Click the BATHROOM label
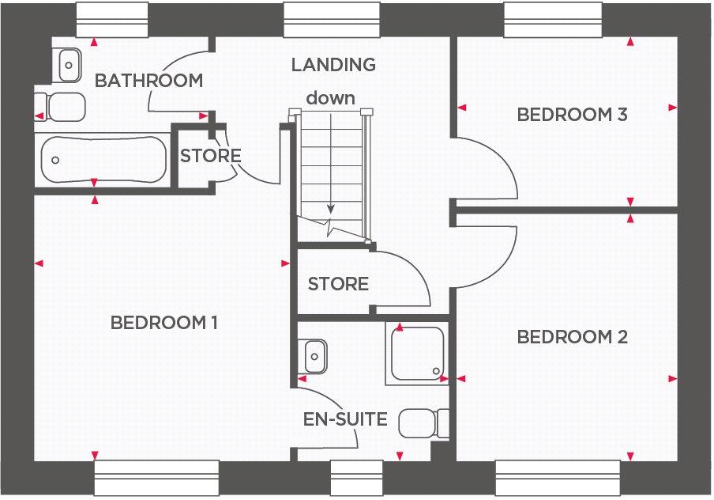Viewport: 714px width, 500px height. (x=148, y=81)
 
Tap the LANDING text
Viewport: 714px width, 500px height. (x=333, y=65)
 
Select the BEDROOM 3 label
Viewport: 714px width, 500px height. (x=572, y=115)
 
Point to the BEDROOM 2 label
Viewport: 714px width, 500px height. (x=572, y=338)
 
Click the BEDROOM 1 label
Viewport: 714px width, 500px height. (x=164, y=323)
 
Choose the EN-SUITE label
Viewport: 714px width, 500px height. (x=346, y=419)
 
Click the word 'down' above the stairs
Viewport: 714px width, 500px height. (x=331, y=98)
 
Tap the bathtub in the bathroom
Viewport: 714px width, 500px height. (x=103, y=160)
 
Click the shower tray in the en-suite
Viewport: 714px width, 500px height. (x=417, y=353)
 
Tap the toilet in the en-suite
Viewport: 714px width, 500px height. (x=423, y=423)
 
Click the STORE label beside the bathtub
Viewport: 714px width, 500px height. (x=210, y=156)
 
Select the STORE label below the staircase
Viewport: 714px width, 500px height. (x=338, y=284)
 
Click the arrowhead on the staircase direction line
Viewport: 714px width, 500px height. (x=331, y=210)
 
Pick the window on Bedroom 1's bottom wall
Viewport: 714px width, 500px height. (x=156, y=478)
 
